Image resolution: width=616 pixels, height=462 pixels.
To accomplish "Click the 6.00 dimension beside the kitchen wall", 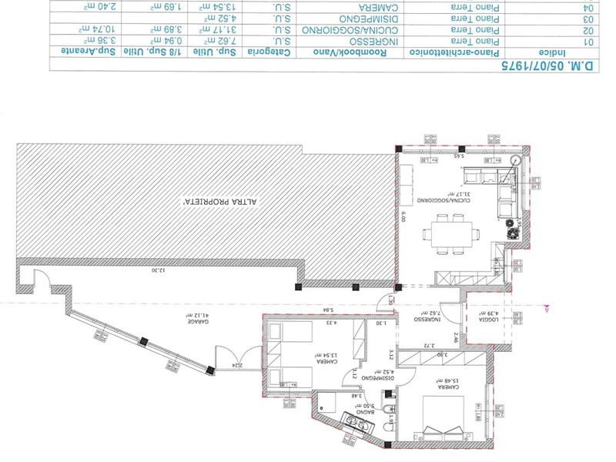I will tap(402, 218).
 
